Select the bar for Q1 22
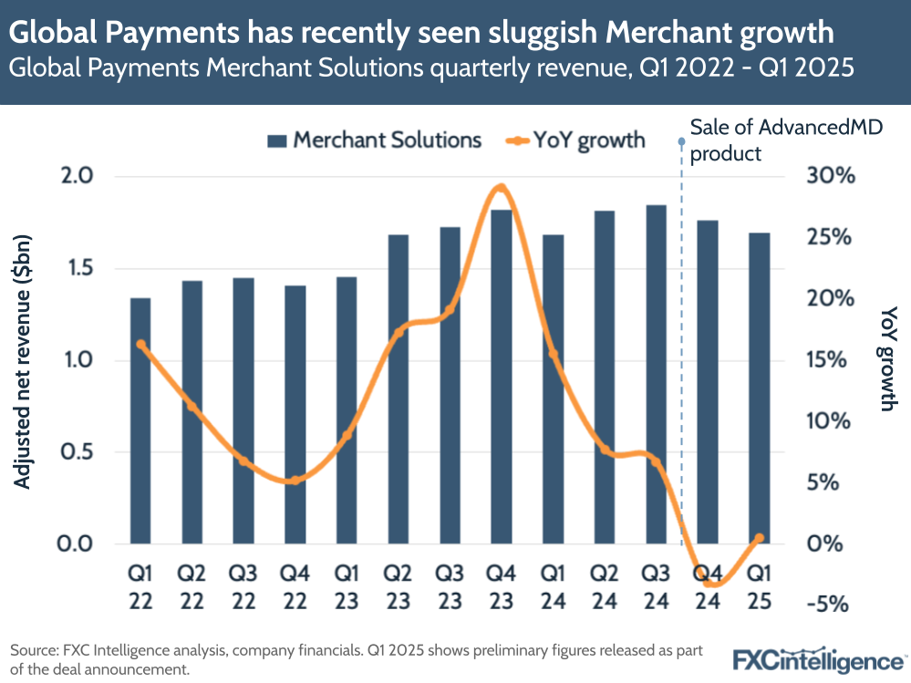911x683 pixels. [x=140, y=420]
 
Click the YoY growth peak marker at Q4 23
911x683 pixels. [x=500, y=189]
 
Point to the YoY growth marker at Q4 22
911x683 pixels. [x=295, y=480]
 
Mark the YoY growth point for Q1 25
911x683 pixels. [x=758, y=538]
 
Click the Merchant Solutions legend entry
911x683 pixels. [x=375, y=140]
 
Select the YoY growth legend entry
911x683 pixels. [x=575, y=140]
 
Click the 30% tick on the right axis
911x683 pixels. [x=832, y=176]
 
